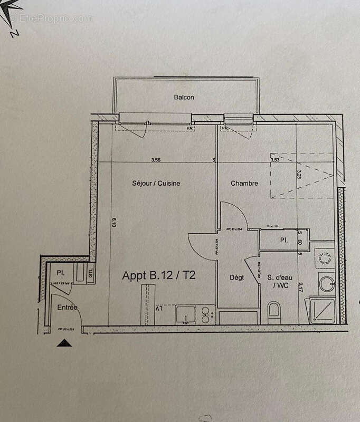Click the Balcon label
click(184, 98)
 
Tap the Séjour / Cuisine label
click(156, 184)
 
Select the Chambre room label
click(244, 184)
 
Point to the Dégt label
click(236, 277)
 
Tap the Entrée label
click(68, 307)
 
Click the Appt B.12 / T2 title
click(160, 275)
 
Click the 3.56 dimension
click(155, 160)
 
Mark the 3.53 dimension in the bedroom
click(274, 159)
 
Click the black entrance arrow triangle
click(64, 343)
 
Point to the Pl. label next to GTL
click(60, 273)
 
